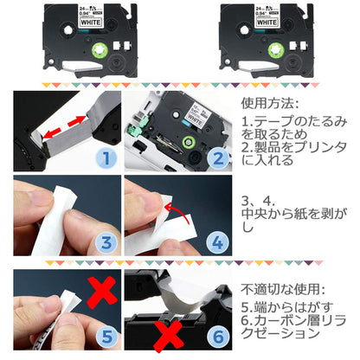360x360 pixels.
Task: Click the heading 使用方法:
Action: tap(273, 103)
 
